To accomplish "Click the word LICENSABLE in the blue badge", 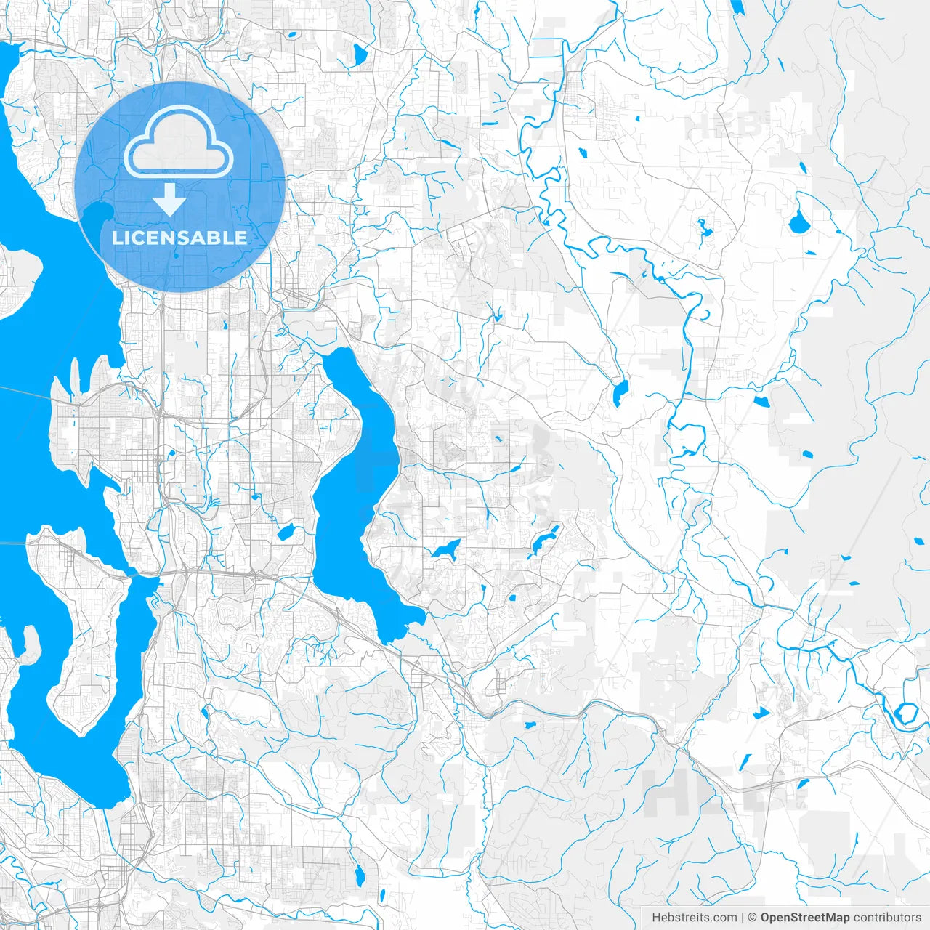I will point(179,238).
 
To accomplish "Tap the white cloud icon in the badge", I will point(179,142).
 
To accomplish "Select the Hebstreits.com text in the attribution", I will point(694,918).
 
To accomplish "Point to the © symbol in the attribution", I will point(753,918).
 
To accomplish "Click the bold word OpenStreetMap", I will point(805,918).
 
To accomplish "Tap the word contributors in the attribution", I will point(886,918).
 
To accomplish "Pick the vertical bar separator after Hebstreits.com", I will point(743,918).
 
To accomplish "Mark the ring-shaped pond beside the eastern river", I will point(907,713).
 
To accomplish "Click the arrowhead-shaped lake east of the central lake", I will point(445,550).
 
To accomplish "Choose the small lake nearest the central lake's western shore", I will point(286,533).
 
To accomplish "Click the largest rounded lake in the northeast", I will point(799,222).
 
